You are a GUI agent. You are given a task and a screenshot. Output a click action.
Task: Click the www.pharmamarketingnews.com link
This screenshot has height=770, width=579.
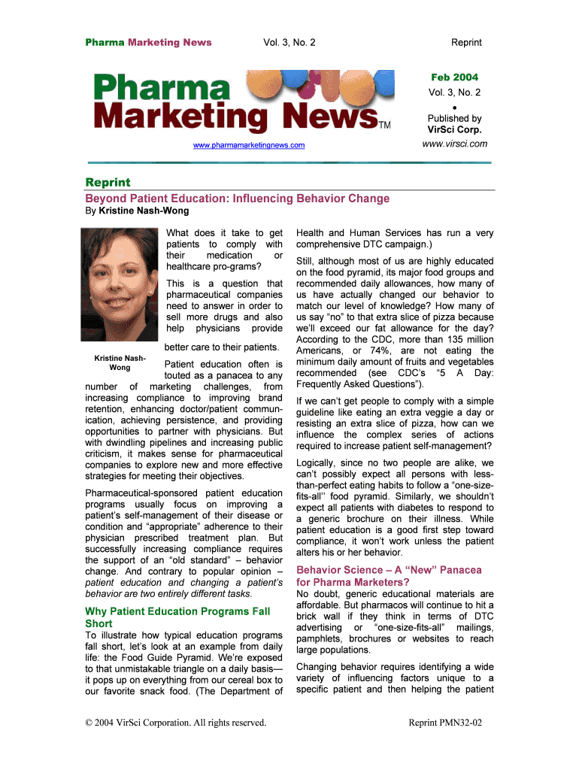pyautogui.click(x=249, y=144)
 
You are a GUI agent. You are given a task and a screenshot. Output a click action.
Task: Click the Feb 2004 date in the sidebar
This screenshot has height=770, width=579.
pyautogui.click(x=454, y=77)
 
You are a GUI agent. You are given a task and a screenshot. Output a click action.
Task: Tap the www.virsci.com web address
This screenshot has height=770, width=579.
pyautogui.click(x=454, y=144)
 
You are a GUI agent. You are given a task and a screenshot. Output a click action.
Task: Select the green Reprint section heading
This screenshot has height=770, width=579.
pyautogui.click(x=108, y=183)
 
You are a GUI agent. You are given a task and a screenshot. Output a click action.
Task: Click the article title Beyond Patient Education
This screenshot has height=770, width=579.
pyautogui.click(x=238, y=199)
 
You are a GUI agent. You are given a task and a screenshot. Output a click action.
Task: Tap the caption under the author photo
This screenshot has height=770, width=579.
pyautogui.click(x=120, y=362)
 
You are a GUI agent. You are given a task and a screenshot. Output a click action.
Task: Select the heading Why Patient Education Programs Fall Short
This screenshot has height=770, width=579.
pyautogui.click(x=177, y=617)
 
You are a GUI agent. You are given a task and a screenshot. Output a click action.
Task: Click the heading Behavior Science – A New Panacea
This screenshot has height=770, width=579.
pyautogui.click(x=390, y=576)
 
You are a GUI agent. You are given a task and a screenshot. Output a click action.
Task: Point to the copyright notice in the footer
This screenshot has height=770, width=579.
pyautogui.click(x=176, y=723)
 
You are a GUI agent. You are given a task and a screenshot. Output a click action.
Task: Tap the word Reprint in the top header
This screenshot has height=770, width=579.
pyautogui.click(x=466, y=42)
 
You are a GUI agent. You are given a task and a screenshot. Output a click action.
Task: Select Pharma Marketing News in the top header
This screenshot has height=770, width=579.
pyautogui.click(x=148, y=42)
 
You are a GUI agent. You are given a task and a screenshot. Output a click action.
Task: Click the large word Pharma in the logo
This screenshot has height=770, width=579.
pyautogui.click(x=162, y=89)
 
